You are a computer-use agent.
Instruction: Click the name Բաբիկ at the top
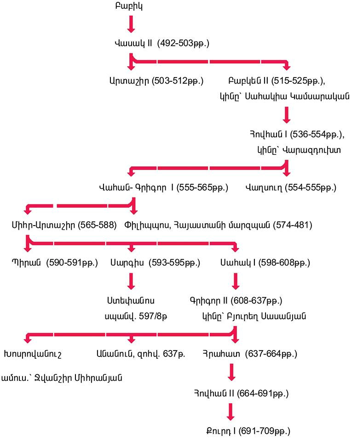[x=131, y=7]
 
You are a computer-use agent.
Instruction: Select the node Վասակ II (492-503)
[x=162, y=44]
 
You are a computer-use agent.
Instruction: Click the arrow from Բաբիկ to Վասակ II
[x=131, y=24]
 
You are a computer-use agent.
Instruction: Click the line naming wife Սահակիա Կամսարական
[x=284, y=96]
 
